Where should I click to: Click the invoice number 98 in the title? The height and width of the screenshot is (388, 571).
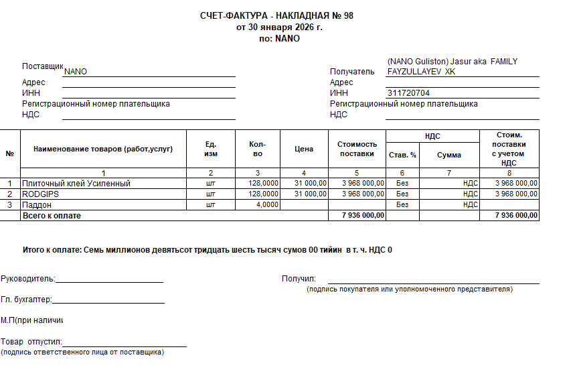click(x=347, y=16)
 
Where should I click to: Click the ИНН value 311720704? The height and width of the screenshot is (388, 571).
click(x=408, y=93)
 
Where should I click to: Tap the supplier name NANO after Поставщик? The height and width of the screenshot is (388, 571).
click(x=76, y=72)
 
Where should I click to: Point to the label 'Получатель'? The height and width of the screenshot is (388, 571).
click(x=352, y=72)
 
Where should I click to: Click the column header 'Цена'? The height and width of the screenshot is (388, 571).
click(x=304, y=149)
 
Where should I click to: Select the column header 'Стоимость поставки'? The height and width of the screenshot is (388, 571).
click(x=357, y=149)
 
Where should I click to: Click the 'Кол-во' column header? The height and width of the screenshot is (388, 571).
click(x=258, y=149)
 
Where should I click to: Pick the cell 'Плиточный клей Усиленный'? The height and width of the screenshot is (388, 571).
click(x=76, y=183)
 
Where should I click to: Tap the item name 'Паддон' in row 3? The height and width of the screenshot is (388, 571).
click(x=37, y=204)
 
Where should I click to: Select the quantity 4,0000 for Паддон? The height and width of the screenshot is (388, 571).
click(x=267, y=204)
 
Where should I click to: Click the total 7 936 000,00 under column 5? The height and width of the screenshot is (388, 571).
click(x=363, y=216)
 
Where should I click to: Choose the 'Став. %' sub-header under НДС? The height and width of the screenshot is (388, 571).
click(x=402, y=155)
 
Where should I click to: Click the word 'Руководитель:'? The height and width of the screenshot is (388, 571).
click(x=28, y=279)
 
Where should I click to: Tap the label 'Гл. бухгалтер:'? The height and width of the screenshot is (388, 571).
click(x=27, y=300)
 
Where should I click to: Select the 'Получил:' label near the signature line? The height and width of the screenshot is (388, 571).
click(x=299, y=279)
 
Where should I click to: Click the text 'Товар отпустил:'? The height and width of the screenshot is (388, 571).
click(x=31, y=342)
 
